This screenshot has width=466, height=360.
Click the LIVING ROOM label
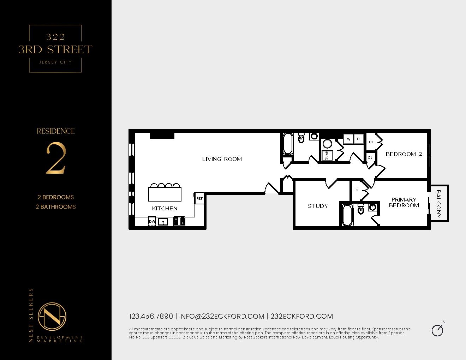click(x=222, y=159)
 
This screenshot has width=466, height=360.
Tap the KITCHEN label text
click(x=165, y=209)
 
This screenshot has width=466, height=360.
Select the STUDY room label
click(x=318, y=206)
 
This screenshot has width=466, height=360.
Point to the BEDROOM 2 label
click(x=404, y=154)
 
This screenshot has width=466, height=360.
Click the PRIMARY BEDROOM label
click(x=404, y=203)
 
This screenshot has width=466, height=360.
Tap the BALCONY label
click(x=438, y=204)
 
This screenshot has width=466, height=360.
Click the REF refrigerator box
click(x=199, y=199)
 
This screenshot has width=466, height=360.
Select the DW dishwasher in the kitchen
click(x=152, y=222)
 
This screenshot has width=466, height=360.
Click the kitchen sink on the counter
click(x=163, y=222)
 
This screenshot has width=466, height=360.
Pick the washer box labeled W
click(x=349, y=139)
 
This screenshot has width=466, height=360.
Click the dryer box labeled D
click(x=358, y=139)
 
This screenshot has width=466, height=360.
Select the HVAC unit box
click(x=327, y=156)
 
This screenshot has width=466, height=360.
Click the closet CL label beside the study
click(x=357, y=190)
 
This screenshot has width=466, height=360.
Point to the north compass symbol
click(x=438, y=330)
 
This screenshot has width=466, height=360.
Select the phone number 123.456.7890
click(x=151, y=317)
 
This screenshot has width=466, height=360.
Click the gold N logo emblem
click(x=52, y=317)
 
